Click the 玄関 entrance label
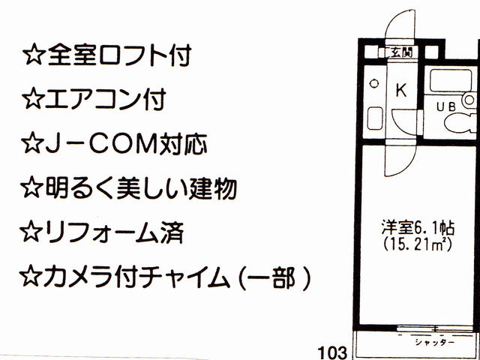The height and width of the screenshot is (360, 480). tap(401, 52)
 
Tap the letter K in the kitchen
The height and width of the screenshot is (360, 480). tap(400, 91)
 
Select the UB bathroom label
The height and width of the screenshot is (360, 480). tap(445, 106)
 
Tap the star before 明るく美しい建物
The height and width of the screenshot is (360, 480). tap(34, 187)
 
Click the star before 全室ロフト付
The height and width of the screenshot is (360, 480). tap(34, 55)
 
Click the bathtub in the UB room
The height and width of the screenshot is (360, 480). tap(443, 80)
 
